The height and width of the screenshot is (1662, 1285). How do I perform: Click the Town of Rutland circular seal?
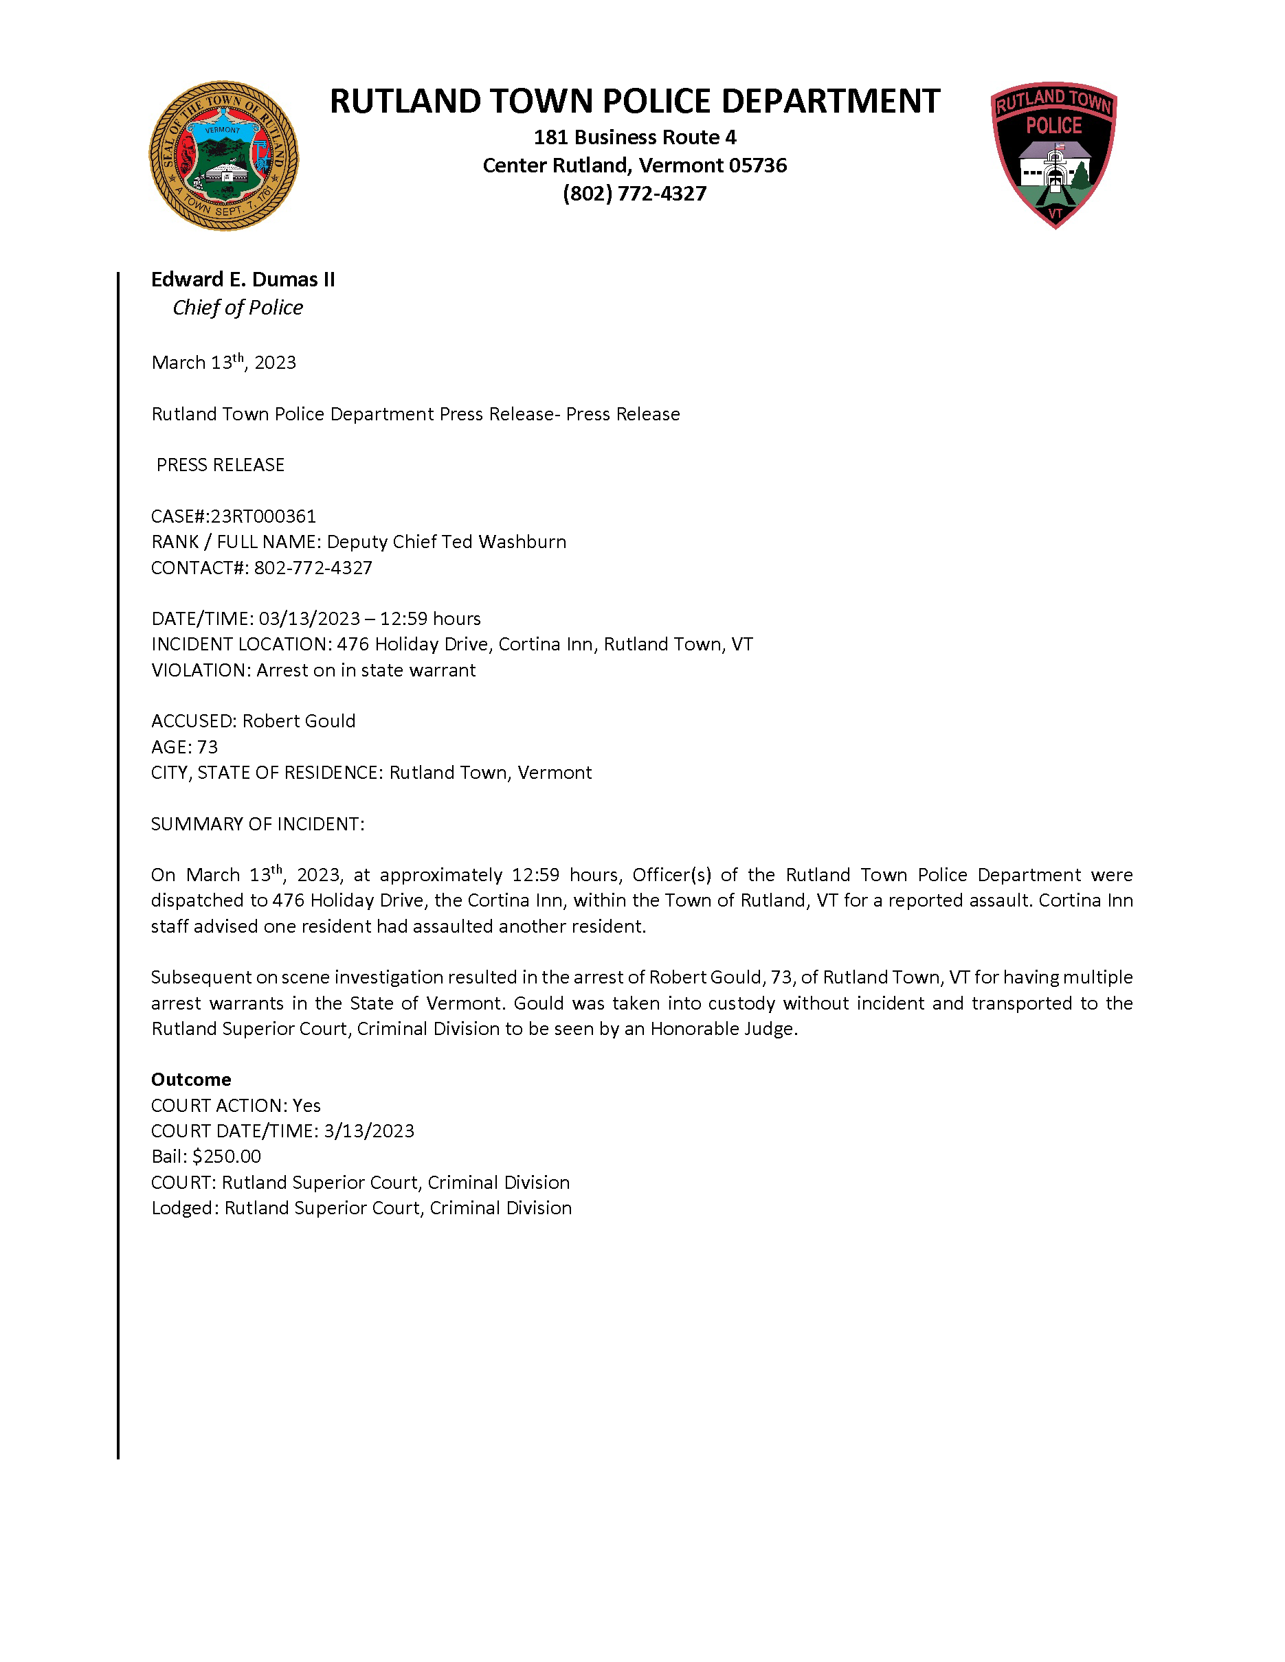pos(224,156)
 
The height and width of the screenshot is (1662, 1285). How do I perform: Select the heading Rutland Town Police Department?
pos(634,101)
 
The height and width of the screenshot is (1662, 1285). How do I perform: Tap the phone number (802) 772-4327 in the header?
pos(634,193)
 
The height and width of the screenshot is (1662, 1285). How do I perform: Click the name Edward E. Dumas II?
pos(243,280)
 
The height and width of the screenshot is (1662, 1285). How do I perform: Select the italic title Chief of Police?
pos(238,308)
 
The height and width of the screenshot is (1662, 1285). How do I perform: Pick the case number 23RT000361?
pos(263,516)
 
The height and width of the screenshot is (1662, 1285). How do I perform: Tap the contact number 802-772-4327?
pos(313,568)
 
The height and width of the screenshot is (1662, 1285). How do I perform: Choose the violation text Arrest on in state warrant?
pos(366,670)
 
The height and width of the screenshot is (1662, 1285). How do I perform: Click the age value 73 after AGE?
pos(207,747)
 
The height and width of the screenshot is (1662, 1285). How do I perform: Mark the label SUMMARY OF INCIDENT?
pos(257,824)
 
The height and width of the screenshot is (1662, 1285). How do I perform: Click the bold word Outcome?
pos(191,1079)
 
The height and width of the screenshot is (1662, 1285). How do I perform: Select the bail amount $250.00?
pos(227,1156)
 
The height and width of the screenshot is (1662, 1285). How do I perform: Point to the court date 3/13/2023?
pos(369,1131)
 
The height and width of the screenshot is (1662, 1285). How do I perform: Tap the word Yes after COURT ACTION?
pos(306,1105)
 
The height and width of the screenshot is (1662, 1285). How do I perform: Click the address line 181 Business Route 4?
pos(634,137)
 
